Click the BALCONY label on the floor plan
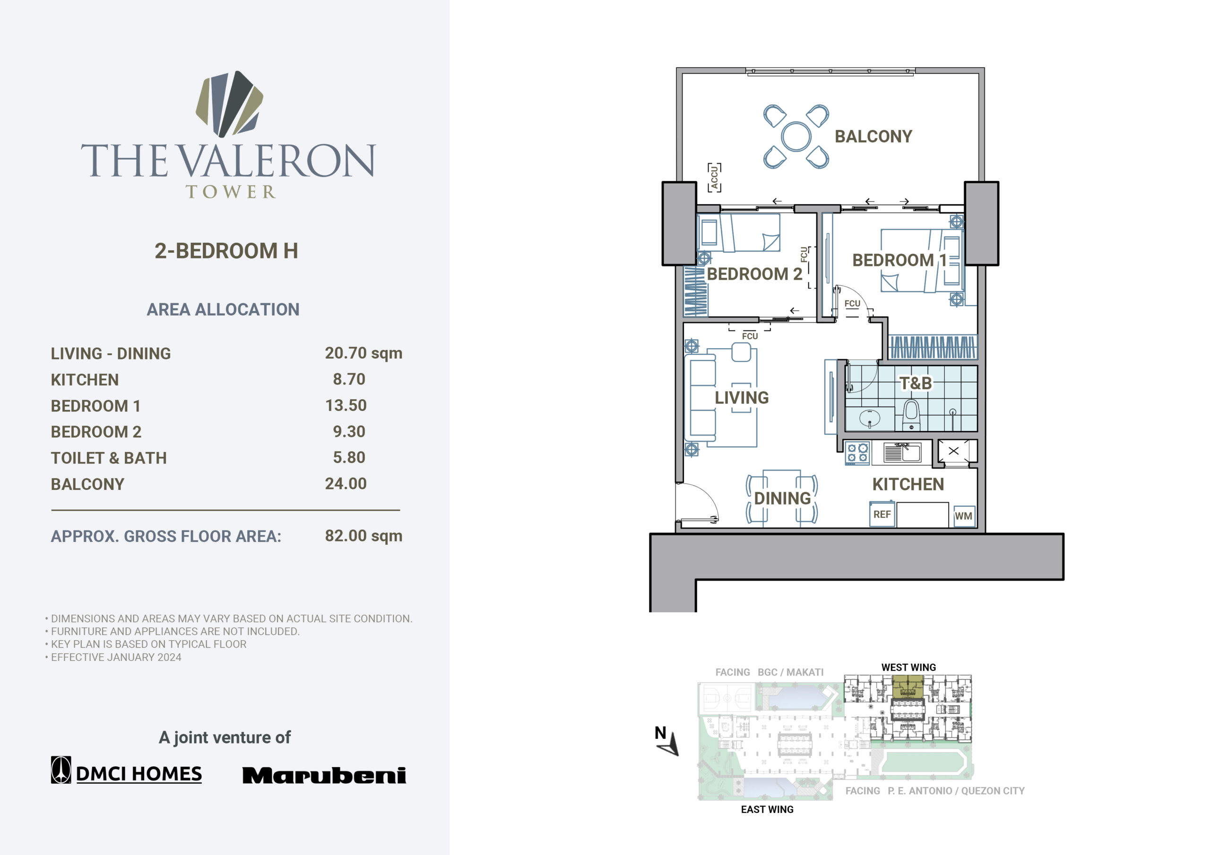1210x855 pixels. click(873, 137)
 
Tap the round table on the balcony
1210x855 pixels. click(796, 137)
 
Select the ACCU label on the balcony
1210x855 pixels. click(714, 178)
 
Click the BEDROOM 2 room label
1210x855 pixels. click(754, 274)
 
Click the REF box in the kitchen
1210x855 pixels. click(882, 514)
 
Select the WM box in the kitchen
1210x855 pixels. click(963, 516)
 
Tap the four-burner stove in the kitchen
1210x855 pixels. click(857, 453)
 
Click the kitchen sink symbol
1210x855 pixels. click(902, 453)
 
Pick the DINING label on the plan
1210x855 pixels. click(782, 498)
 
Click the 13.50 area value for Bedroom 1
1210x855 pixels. click(346, 405)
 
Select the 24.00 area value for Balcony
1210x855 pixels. click(346, 484)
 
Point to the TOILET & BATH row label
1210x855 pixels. click(109, 458)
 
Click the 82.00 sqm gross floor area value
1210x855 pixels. click(363, 536)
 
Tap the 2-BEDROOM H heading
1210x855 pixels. click(226, 251)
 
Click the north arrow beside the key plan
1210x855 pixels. click(670, 744)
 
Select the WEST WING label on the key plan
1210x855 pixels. click(908, 667)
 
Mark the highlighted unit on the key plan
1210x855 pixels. click(908, 687)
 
